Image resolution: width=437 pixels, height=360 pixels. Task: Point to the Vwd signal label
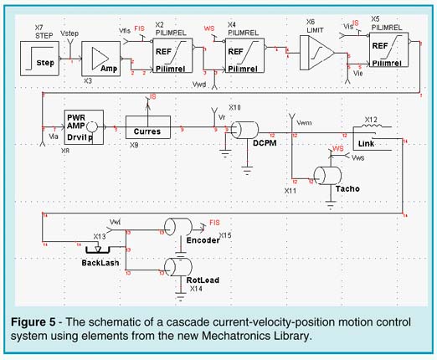click(x=200, y=86)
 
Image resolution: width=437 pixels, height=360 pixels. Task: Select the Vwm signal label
click(x=304, y=122)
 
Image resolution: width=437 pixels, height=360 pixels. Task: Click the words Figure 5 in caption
click(x=44, y=322)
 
